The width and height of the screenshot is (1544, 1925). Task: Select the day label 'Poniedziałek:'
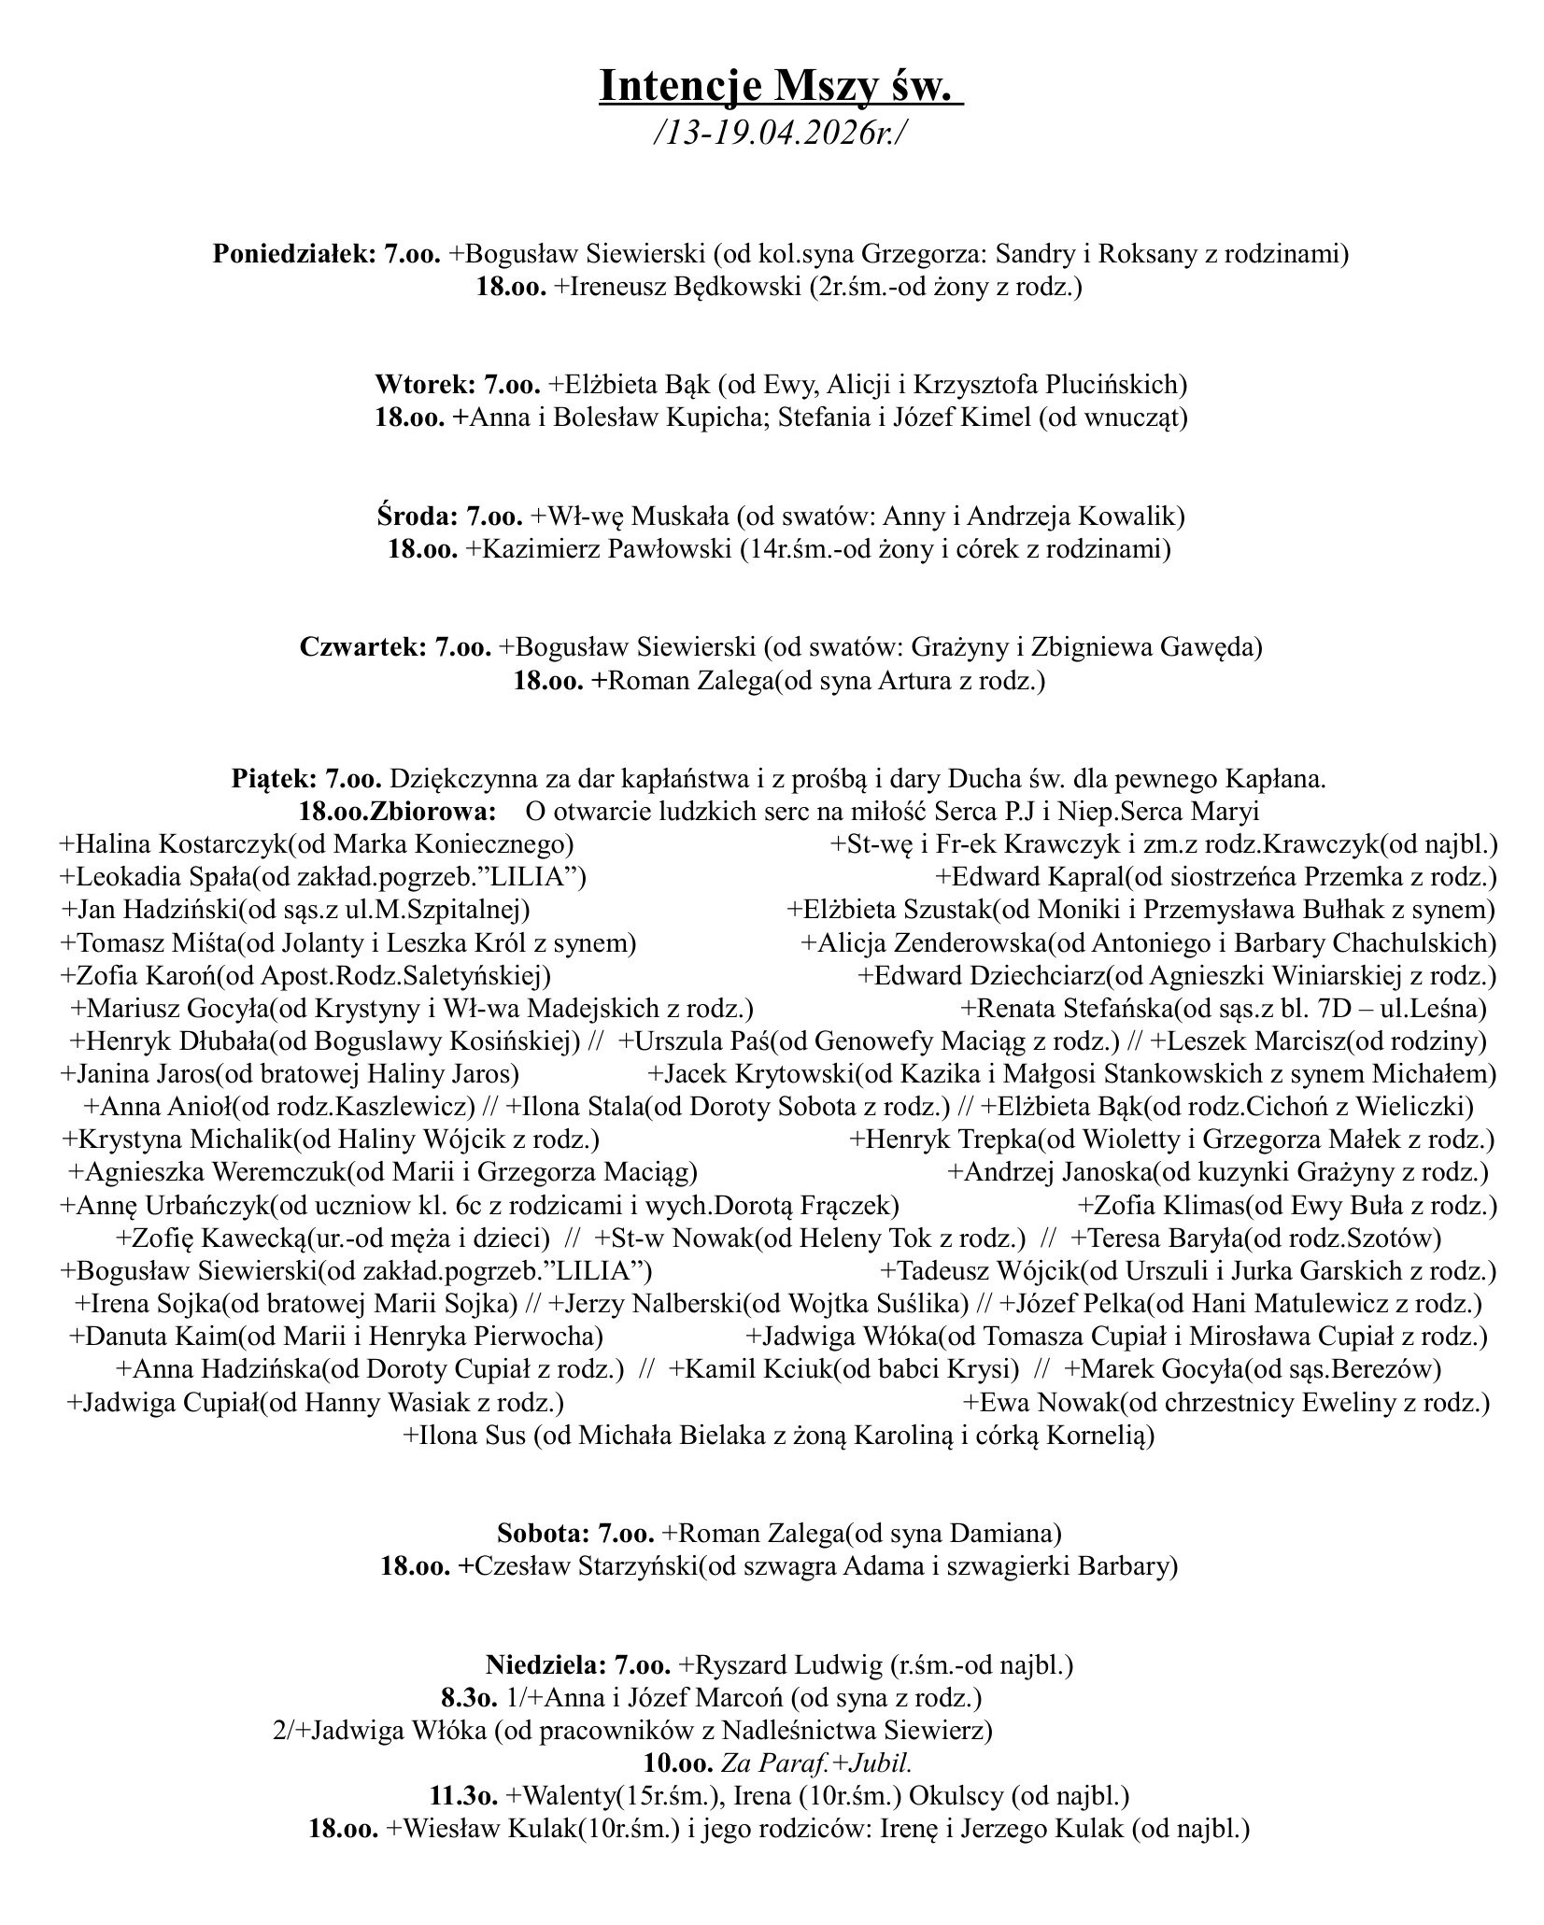point(293,254)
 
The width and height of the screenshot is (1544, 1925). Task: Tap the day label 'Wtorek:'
point(426,385)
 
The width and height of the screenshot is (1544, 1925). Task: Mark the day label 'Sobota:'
point(544,1533)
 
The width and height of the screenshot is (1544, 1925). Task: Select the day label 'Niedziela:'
point(545,1663)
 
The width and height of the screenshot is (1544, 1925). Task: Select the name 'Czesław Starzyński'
point(586,1565)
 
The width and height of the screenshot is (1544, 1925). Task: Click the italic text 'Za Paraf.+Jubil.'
point(815,1762)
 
